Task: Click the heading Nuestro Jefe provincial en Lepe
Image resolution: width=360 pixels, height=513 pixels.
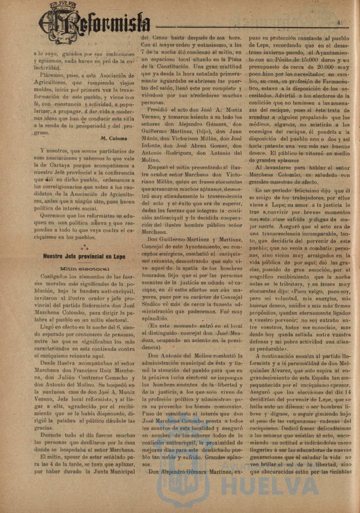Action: (84, 256)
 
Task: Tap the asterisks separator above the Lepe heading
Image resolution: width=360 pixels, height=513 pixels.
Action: (84, 246)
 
